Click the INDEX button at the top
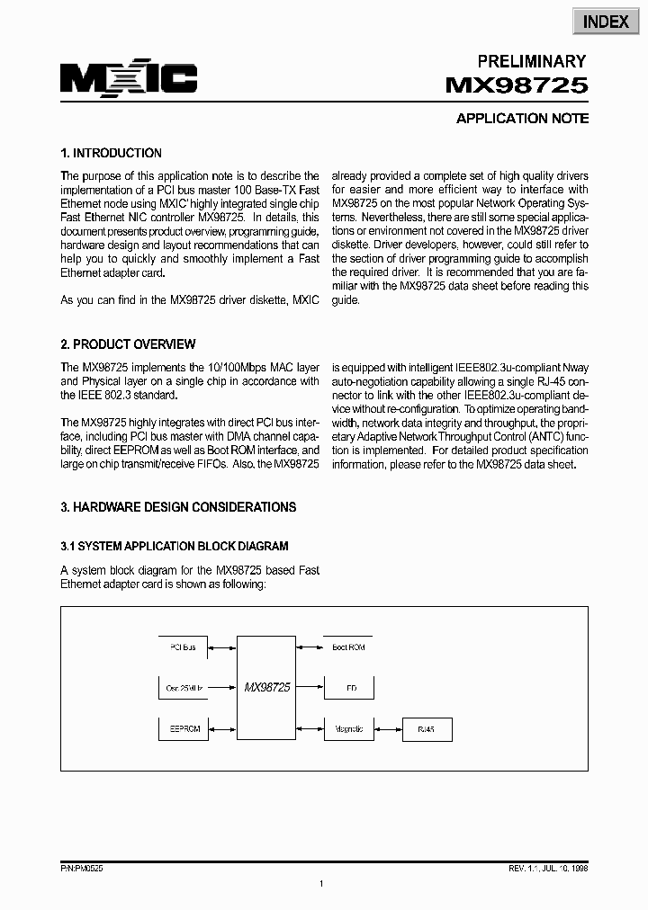606,22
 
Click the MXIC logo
129,79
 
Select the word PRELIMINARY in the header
531,61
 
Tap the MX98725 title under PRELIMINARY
517,86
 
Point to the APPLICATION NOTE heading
522,119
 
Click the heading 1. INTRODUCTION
111,153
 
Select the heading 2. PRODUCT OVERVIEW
128,344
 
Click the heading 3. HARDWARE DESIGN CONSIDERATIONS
178,507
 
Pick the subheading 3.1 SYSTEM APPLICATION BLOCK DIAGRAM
175,546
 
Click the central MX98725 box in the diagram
266,687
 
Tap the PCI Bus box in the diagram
183,647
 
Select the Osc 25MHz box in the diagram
184,687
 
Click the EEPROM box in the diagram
184,728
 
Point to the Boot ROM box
348,647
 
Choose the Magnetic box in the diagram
348,728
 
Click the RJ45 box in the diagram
426,728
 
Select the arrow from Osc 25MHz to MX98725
222,687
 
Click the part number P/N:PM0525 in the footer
82,869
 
